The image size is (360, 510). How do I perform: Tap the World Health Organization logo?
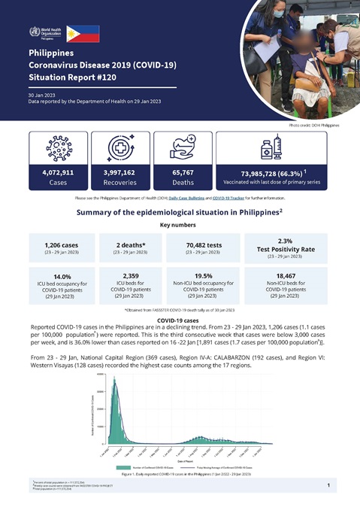tap(45, 33)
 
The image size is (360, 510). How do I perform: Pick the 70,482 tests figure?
tap(200, 245)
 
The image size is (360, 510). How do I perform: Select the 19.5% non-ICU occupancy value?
tap(200, 276)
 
